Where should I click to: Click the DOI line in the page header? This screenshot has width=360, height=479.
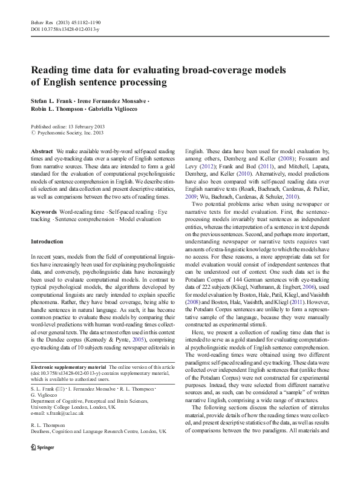point(64,28)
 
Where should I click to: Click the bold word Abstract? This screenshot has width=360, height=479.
point(41,150)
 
